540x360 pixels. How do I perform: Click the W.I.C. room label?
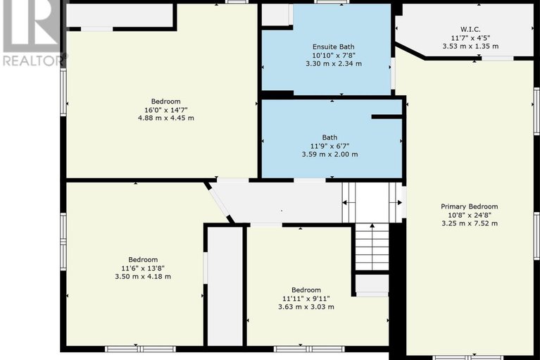[470, 30]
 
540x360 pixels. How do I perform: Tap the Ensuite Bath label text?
[334, 47]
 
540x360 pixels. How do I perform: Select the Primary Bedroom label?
[470, 206]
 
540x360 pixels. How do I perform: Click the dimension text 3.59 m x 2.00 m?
[330, 154]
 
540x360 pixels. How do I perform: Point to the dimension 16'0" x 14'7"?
[166, 110]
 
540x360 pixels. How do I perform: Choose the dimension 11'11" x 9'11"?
[306, 298]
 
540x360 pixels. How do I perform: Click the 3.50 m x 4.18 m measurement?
[143, 276]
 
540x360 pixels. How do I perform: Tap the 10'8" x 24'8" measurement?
[470, 216]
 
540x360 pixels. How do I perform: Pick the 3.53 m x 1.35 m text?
[470, 46]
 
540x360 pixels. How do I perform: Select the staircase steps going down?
[372, 247]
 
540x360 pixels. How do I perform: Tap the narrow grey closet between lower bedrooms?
[225, 286]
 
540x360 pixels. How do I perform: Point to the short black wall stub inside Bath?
[387, 117]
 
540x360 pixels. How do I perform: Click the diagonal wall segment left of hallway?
[219, 203]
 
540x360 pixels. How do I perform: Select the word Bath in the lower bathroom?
[330, 137]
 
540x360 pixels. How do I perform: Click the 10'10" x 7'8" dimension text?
[334, 55]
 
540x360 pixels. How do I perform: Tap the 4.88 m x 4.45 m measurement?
[166, 118]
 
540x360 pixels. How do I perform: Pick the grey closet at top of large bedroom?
[119, 15]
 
